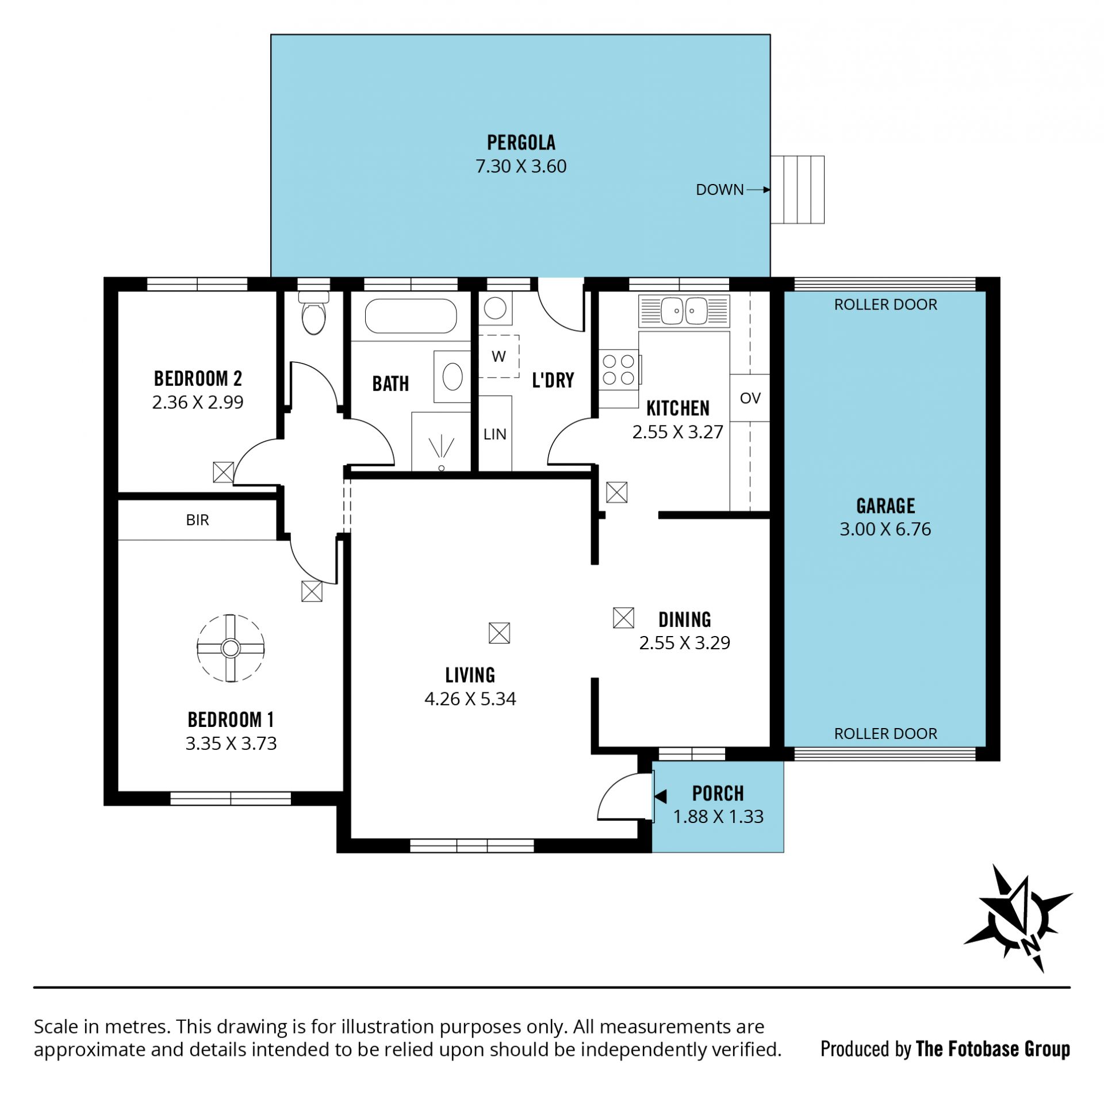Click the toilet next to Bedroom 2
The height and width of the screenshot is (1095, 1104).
[314, 313]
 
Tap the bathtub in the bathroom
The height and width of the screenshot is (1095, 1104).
[411, 316]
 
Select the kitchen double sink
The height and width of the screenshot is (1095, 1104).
[684, 311]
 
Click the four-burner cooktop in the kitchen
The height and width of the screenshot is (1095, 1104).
[619, 370]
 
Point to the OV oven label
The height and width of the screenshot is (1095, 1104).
[750, 398]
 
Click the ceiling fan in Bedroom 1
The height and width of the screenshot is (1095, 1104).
[231, 648]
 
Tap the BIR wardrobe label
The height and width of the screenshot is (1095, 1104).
[197, 520]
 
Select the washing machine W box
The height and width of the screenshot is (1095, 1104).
[499, 357]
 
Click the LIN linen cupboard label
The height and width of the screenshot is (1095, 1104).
[494, 434]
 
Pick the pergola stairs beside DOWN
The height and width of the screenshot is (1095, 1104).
[797, 189]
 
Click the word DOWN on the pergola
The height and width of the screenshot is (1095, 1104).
[719, 190]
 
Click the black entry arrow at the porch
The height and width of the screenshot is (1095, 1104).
[660, 797]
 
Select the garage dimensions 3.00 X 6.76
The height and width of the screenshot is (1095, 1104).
[885, 529]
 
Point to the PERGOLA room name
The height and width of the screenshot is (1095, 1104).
[521, 143]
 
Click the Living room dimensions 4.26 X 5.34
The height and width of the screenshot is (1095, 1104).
[470, 699]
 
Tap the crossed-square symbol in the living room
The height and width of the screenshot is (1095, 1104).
[499, 633]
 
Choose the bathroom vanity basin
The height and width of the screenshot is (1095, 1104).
[453, 377]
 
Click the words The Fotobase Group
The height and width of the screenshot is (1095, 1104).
[992, 1050]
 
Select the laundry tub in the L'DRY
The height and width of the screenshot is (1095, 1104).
[494, 308]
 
